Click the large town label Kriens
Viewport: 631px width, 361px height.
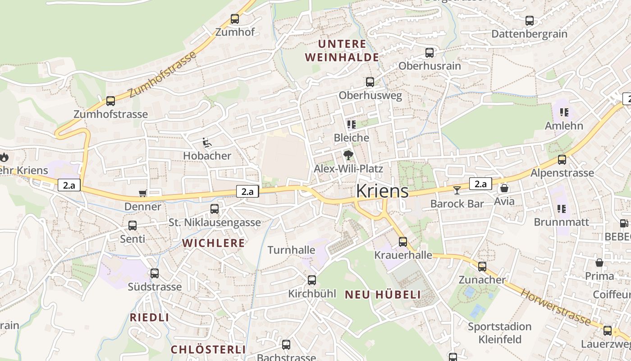[382, 191]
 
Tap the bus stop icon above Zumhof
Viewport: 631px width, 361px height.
[235, 19]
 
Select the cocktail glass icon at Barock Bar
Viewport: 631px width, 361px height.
[457, 190]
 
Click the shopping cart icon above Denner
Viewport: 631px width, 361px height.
[143, 193]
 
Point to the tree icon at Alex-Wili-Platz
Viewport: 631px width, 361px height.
[348, 155]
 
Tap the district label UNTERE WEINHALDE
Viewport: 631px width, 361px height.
[342, 51]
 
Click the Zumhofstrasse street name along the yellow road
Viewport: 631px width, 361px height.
[163, 74]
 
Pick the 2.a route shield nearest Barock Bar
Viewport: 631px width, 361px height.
[480, 184]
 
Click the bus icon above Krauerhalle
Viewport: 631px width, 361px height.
[403, 242]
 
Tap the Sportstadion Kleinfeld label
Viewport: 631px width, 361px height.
[499, 333]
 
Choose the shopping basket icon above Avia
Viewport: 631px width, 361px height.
[504, 188]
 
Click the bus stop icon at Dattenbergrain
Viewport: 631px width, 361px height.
[530, 21]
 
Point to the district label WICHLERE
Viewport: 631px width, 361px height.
[214, 243]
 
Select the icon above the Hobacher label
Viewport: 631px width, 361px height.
[207, 143]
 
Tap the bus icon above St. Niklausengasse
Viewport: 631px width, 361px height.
[215, 209]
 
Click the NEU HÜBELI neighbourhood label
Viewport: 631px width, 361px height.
[383, 295]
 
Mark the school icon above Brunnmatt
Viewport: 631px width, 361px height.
[562, 208]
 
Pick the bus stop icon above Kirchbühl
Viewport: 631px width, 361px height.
[312, 280]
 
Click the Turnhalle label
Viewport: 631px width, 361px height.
[291, 250]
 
